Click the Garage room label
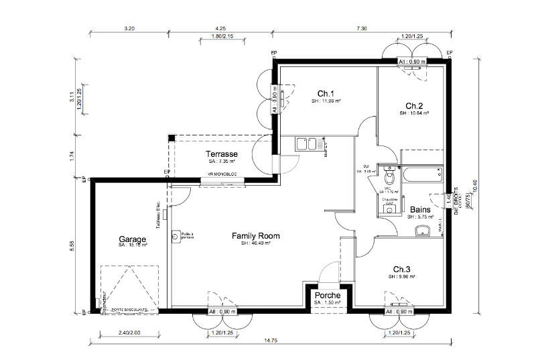click(133, 239)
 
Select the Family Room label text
click(255, 236)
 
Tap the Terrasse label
click(222, 154)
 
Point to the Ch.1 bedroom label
click(326, 93)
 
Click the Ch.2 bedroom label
click(414, 106)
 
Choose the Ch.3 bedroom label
click(402, 268)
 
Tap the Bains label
click(420, 209)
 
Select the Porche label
click(327, 295)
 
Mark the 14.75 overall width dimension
click(271, 341)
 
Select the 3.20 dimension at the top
click(129, 29)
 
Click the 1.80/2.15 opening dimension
click(220, 36)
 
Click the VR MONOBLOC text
click(223, 176)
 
